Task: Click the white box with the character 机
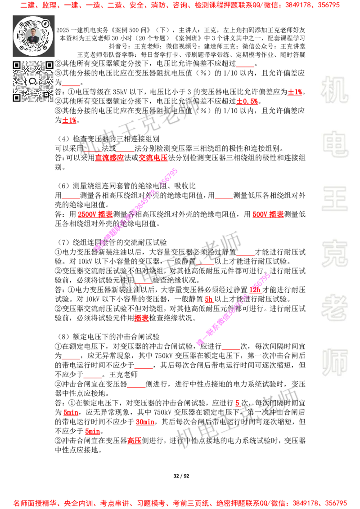pyautogui.click(x=334, y=90)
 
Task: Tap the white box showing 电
pyautogui.click(x=336, y=144)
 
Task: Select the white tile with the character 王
pyautogui.click(x=334, y=200)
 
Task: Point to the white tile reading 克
pyautogui.click(x=334, y=254)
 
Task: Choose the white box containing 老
pyautogui.click(x=334, y=308)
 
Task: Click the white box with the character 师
pyautogui.click(x=334, y=363)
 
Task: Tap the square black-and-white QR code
pyautogui.click(x=33, y=81)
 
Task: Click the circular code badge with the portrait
pyautogui.click(x=33, y=36)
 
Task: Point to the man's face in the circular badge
pyautogui.click(x=33, y=33)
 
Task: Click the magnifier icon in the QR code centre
pyautogui.click(x=33, y=81)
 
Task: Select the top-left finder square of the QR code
pyautogui.click(x=17, y=65)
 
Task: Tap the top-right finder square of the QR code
pyautogui.click(x=49, y=65)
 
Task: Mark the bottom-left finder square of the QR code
pyautogui.click(x=17, y=98)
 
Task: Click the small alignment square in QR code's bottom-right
pyautogui.click(x=45, y=94)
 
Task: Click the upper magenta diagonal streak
pyautogui.click(x=136, y=210)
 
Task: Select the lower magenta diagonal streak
pyautogui.click(x=233, y=309)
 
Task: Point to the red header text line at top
pyautogui.click(x=180, y=5)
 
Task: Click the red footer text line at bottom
pyautogui.click(x=180, y=503)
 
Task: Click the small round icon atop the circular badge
pyautogui.click(x=45, y=22)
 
